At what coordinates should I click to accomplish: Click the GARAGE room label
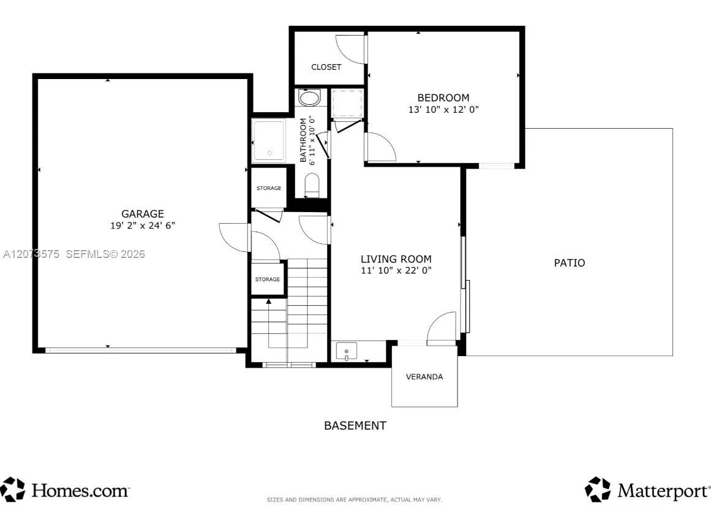pyautogui.click(x=142, y=214)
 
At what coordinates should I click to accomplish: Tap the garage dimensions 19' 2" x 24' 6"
pyautogui.click(x=142, y=226)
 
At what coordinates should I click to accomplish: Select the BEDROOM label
pyautogui.click(x=443, y=97)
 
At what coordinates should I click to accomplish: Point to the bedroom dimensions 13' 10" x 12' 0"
pyautogui.click(x=443, y=109)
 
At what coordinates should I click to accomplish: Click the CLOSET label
pyautogui.click(x=326, y=67)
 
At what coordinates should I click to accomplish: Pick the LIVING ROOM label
pyautogui.click(x=396, y=259)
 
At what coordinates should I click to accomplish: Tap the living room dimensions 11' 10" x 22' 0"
pyautogui.click(x=396, y=271)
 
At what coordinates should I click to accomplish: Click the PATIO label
pyautogui.click(x=570, y=263)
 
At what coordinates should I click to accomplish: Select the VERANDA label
pyautogui.click(x=424, y=376)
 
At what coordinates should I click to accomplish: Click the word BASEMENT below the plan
pyautogui.click(x=355, y=425)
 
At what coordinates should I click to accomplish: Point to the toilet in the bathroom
pyautogui.click(x=312, y=186)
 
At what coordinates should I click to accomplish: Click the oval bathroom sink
pyautogui.click(x=310, y=98)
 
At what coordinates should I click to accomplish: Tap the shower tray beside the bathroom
pyautogui.click(x=269, y=140)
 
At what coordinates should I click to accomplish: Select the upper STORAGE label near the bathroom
pyautogui.click(x=269, y=188)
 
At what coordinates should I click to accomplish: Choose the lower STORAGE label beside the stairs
pyautogui.click(x=268, y=279)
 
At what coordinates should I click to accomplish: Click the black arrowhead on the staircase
pyautogui.click(x=268, y=301)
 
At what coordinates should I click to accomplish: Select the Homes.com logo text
pyautogui.click(x=80, y=490)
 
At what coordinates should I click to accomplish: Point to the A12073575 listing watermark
pyautogui.click(x=31, y=254)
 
